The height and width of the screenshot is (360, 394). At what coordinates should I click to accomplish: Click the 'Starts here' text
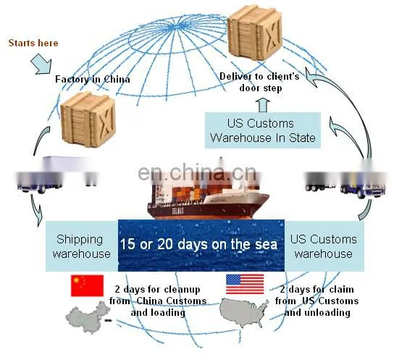tap(33, 43)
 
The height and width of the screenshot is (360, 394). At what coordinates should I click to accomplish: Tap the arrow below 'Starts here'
tap(41, 64)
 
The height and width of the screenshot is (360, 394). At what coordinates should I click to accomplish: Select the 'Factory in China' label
tap(93, 80)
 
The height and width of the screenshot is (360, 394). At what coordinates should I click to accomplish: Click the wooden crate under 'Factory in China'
tap(88, 120)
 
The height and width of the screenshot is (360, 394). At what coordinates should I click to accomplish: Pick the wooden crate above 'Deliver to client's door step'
tap(255, 33)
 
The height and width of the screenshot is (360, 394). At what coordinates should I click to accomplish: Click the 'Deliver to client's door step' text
tap(259, 82)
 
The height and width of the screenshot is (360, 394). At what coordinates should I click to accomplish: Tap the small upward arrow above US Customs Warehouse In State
tap(263, 105)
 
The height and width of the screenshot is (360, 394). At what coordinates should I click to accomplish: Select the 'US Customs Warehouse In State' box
tap(263, 130)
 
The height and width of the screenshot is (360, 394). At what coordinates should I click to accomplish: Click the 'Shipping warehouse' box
tap(82, 246)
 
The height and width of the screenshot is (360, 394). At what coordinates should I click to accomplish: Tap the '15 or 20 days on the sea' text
tap(198, 244)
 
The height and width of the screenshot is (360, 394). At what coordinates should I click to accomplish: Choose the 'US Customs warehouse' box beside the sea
tap(324, 246)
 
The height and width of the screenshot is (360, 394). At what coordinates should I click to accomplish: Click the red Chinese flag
tap(87, 285)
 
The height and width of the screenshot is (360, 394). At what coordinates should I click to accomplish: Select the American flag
tap(245, 284)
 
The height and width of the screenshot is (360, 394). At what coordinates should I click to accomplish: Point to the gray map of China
tap(88, 317)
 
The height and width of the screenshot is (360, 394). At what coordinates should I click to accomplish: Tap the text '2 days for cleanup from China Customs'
tap(158, 295)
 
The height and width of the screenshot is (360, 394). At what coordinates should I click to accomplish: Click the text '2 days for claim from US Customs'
tap(317, 295)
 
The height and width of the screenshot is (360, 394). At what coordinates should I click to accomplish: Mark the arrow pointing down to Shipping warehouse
tap(35, 210)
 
